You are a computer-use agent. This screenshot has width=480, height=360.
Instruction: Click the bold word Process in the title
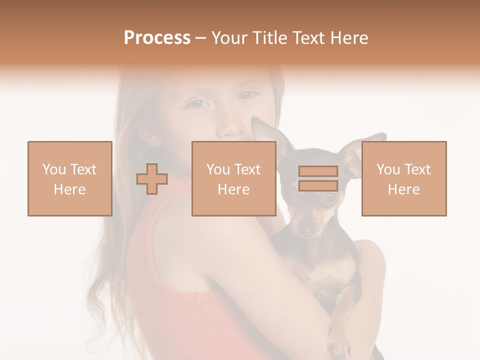[x=157, y=38]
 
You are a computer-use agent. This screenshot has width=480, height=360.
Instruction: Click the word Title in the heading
[x=270, y=38]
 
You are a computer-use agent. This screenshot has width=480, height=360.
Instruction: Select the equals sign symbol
[x=318, y=178]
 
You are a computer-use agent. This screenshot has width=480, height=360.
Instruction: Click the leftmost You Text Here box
[x=70, y=178]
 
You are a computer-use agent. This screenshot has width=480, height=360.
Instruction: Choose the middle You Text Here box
[x=234, y=178]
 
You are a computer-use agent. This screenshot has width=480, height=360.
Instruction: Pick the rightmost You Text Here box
[x=404, y=178]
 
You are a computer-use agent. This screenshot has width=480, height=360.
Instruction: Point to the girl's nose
[x=231, y=127]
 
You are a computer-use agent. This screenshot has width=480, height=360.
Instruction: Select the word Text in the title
[x=310, y=38]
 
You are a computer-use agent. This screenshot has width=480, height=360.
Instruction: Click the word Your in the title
[x=229, y=38]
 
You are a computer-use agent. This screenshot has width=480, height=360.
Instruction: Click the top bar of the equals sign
[x=318, y=171]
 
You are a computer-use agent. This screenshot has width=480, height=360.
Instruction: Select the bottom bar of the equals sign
[x=318, y=185]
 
